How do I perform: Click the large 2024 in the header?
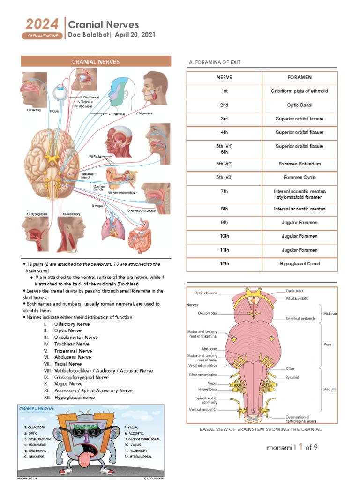[x=42, y=24]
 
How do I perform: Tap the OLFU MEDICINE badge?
[x=42, y=36]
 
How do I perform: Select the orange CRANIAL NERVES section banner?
[x=95, y=62]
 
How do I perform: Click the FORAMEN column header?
[x=299, y=77]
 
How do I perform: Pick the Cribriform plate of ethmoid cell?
[x=299, y=91]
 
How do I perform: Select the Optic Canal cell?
[x=299, y=105]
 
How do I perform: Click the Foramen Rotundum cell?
[x=299, y=164]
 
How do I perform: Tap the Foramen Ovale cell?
[x=299, y=178]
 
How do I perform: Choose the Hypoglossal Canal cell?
[x=299, y=264]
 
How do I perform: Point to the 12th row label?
[x=224, y=264]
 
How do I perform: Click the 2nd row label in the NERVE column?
[x=224, y=105]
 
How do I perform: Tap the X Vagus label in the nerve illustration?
[x=98, y=206]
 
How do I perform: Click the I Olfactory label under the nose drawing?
[x=34, y=110]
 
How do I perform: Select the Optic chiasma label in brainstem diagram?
[x=206, y=293]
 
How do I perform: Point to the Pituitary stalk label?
[x=297, y=298]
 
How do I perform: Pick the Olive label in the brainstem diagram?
[x=290, y=368]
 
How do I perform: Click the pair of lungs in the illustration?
[x=112, y=230]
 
